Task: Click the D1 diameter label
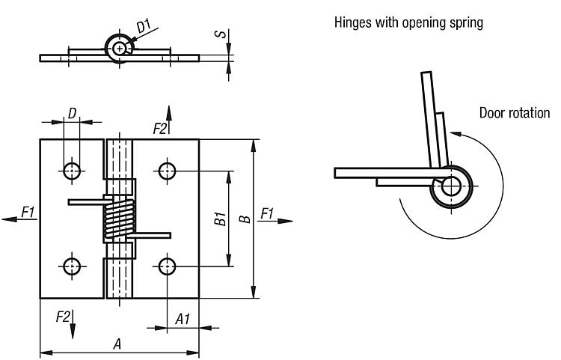click(143, 28)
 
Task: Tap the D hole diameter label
click(72, 113)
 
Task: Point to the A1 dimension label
click(183, 320)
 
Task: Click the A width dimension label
click(117, 344)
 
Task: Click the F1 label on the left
click(28, 213)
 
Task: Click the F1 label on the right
click(267, 213)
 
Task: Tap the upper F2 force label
click(159, 129)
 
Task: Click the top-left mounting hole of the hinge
click(72, 170)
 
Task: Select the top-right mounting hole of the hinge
click(166, 170)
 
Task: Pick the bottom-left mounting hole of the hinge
click(72, 265)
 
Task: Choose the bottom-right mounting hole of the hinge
click(166, 265)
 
